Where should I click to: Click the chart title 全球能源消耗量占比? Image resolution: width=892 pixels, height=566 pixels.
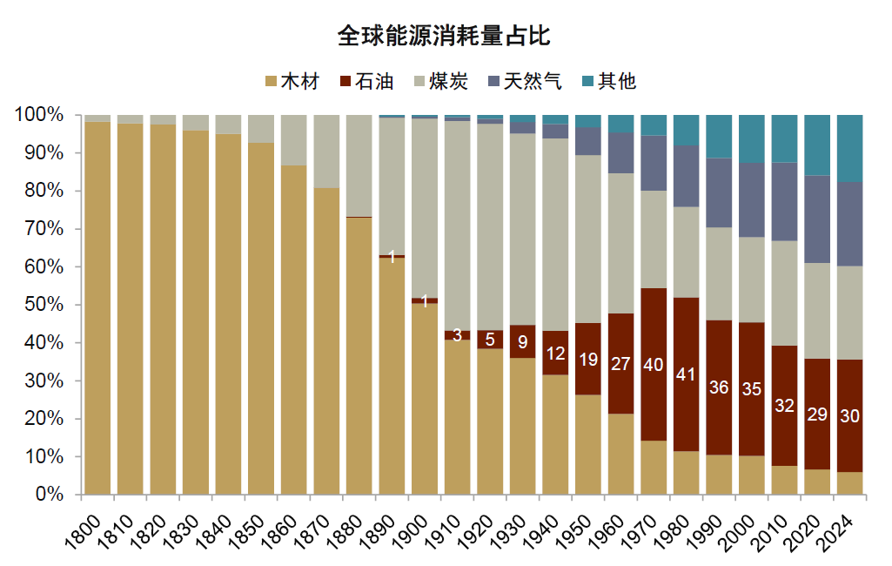[x=445, y=37]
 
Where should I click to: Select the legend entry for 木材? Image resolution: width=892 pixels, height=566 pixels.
[x=292, y=82]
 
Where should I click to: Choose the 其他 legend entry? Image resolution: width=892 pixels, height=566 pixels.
[x=608, y=82]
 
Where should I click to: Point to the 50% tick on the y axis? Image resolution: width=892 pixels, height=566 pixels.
[x=40, y=305]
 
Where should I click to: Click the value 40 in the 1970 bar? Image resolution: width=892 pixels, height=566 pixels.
[x=654, y=365]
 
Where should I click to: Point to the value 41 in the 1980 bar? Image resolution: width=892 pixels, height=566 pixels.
[x=686, y=374]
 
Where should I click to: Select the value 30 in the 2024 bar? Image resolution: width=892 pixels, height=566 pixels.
[x=849, y=416]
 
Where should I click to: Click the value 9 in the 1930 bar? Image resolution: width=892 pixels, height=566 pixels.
[x=523, y=341]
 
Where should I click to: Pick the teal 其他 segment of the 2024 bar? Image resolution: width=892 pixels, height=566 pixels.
[x=849, y=149]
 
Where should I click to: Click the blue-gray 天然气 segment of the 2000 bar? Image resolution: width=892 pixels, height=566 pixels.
[x=752, y=200]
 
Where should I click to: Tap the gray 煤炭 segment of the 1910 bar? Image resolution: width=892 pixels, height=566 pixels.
[x=458, y=226]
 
